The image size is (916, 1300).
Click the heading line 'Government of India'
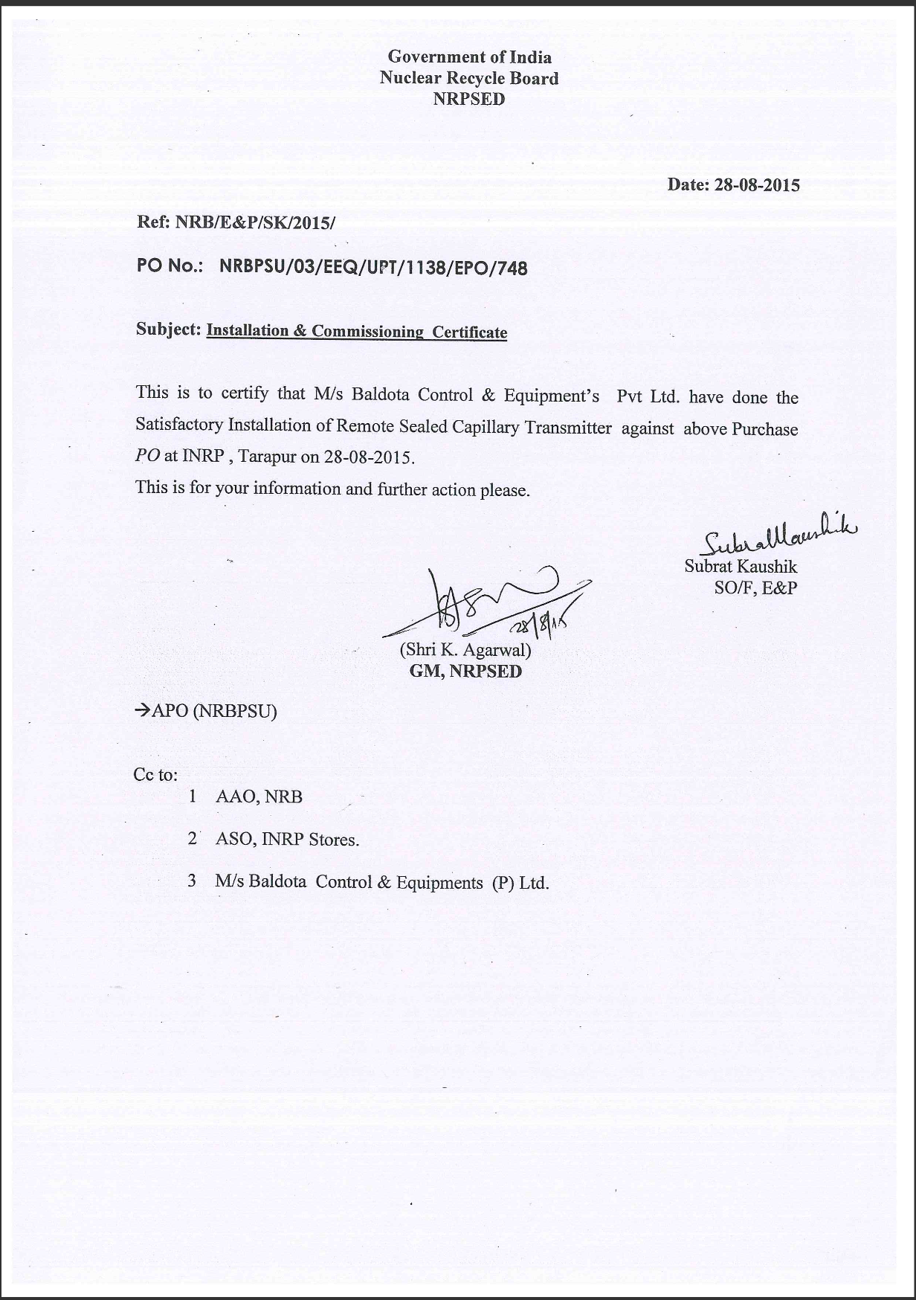tap(469, 57)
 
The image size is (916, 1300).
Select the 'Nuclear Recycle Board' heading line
tap(469, 78)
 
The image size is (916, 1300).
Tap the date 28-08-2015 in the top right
tap(757, 185)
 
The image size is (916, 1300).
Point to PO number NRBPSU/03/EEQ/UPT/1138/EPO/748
tap(373, 268)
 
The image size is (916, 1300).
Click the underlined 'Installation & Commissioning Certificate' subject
tap(357, 332)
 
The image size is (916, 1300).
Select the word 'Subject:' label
tap(169, 329)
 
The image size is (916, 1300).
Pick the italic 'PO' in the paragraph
tap(147, 456)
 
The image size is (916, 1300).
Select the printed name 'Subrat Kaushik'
tap(741, 567)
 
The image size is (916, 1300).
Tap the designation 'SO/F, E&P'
tap(755, 588)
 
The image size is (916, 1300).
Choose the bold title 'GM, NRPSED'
tap(466, 672)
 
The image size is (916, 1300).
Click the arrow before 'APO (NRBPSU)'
tap(142, 711)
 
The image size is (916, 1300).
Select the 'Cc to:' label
tap(155, 775)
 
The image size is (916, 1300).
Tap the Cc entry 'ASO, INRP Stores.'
tap(287, 840)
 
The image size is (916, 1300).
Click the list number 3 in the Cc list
tap(192, 881)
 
